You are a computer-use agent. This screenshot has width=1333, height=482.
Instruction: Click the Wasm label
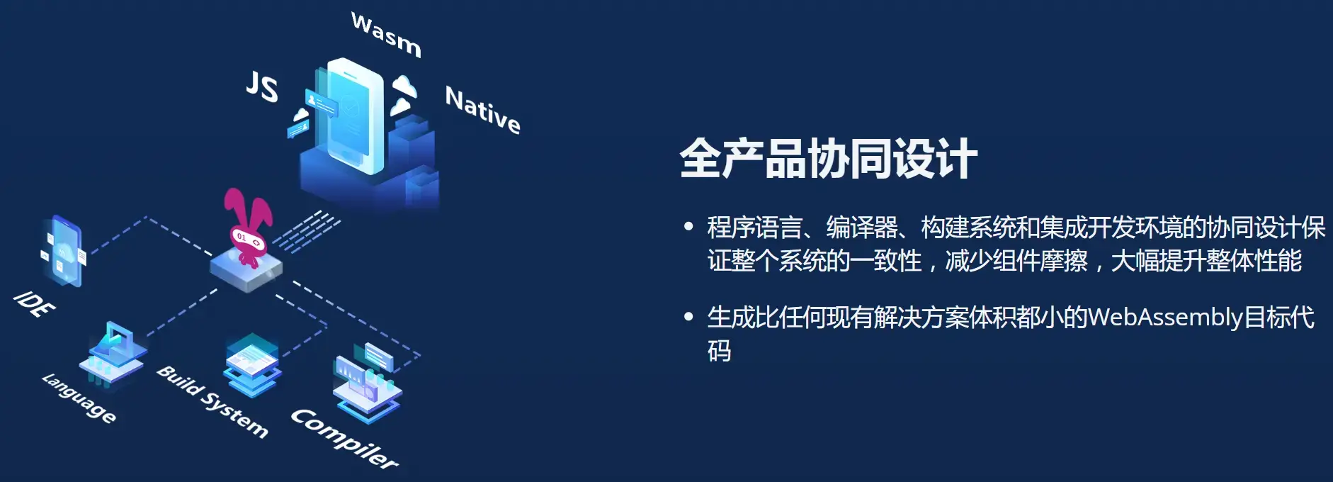pos(386,34)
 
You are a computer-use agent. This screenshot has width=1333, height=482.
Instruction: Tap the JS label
pos(262,86)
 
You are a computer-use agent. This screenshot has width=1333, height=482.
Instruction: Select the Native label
pos(483,110)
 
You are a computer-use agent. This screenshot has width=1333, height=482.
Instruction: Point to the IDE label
pos(34,303)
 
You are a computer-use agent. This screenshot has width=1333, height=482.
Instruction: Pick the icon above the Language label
pos(113,354)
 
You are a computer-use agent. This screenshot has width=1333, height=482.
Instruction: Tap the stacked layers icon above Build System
pos(252,365)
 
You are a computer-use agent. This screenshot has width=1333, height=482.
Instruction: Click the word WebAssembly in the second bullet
pos(1165,317)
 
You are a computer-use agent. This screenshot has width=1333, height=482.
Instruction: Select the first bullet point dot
pos(688,227)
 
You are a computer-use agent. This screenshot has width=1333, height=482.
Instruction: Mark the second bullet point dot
pos(688,317)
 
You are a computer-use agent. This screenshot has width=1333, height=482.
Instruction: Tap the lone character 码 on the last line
pos(719,351)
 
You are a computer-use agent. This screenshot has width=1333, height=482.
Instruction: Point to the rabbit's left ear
pos(233,206)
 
